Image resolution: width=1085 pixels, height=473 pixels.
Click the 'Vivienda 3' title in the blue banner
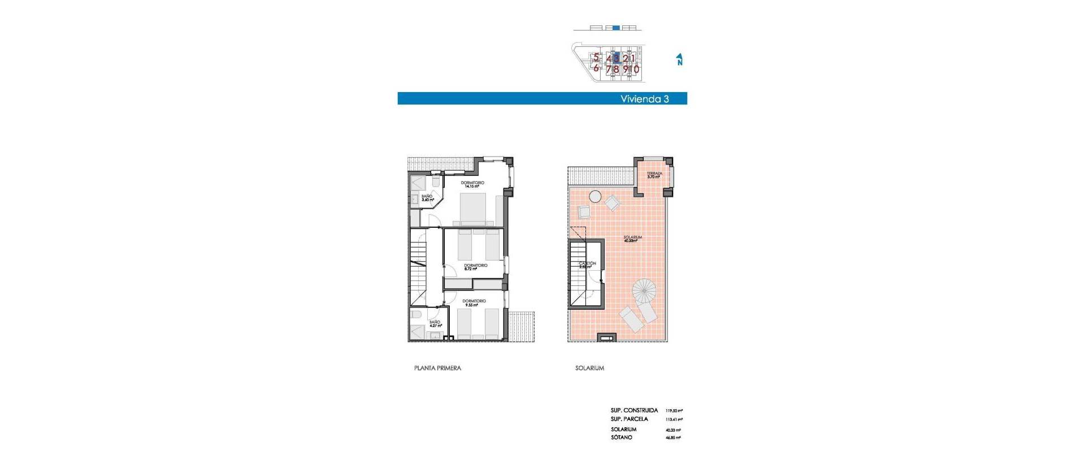[x=644, y=99]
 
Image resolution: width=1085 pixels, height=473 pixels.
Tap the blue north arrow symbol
[x=679, y=59]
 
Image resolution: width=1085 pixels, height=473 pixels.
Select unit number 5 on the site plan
[x=596, y=57]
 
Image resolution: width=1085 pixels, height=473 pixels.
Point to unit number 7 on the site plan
[x=609, y=70]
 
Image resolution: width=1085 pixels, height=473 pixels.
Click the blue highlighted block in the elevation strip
[x=616, y=28]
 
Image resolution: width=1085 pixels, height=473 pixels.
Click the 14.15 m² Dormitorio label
[x=472, y=184]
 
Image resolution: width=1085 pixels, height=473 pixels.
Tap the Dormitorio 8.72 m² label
[x=475, y=267]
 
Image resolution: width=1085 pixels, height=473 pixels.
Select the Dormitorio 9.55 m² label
[x=474, y=303]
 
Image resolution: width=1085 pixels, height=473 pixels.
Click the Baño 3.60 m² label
[x=427, y=198]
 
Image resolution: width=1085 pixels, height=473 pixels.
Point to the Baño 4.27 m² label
[x=435, y=324]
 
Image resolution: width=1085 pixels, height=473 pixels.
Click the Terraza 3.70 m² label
[x=654, y=175]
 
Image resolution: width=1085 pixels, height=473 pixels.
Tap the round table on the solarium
[x=595, y=197]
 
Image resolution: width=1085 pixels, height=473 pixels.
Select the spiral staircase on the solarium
[x=644, y=291]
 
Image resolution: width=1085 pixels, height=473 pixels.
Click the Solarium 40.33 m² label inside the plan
[x=632, y=239]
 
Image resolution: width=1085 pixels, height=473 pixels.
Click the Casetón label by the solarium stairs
[x=588, y=264]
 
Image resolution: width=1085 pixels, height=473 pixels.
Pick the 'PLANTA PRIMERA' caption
[x=437, y=368]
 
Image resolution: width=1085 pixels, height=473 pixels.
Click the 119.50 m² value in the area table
[x=674, y=411]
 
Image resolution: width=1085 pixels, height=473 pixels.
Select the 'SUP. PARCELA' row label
[x=629, y=419]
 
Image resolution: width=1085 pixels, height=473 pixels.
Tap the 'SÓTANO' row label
[x=622, y=437]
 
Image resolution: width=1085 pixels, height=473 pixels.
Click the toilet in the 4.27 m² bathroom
[x=416, y=314]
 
